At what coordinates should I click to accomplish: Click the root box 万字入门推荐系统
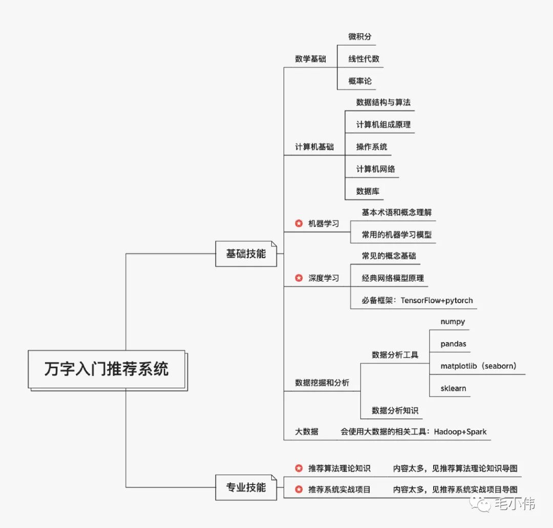tap(106, 369)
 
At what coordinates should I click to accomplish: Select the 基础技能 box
tap(246, 254)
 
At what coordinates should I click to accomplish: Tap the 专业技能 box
tap(246, 487)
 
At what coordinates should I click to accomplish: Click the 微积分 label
tap(360, 36)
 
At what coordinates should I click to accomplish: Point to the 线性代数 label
tap(364, 59)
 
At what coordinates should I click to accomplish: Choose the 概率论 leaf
tap(360, 81)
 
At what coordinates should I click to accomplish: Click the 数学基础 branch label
tap(310, 59)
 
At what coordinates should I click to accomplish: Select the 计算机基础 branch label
tap(314, 147)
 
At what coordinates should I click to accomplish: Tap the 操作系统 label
tap(372, 147)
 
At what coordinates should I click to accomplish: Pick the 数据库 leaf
tap(368, 191)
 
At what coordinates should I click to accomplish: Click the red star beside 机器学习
tap(299, 223)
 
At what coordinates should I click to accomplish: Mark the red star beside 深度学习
tap(299, 278)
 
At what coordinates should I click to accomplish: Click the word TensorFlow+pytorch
tap(437, 300)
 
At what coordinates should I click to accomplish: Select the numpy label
tap(453, 322)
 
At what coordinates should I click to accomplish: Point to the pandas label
tap(453, 344)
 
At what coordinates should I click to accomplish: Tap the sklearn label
tap(453, 388)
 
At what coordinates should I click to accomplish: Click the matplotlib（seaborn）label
tap(478, 366)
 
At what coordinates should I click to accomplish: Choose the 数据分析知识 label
tap(395, 410)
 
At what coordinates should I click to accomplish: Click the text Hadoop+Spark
tap(460, 432)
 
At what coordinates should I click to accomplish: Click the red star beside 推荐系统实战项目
tap(299, 490)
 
